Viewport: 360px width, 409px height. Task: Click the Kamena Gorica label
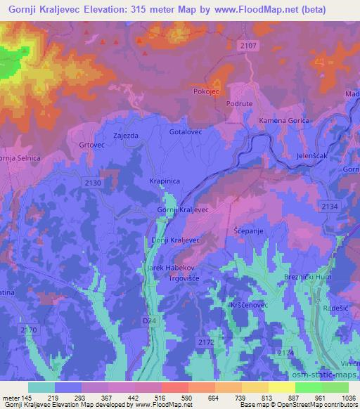pos(284,121)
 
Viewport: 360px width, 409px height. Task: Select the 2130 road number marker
pos(92,182)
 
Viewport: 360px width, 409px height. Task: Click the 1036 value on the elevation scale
pos(347,397)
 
